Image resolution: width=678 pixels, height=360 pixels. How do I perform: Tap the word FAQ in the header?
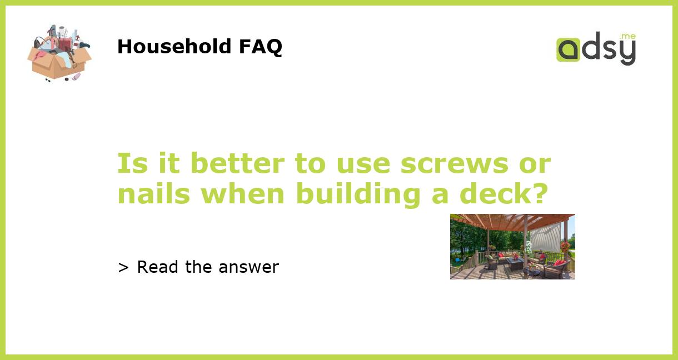click(x=261, y=47)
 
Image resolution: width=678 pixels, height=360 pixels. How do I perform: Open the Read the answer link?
click(x=207, y=267)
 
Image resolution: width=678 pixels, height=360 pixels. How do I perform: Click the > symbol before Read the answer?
click(x=123, y=268)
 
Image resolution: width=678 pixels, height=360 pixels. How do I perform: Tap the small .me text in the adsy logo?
click(x=628, y=37)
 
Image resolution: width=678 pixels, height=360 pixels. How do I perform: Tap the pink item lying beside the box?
click(x=76, y=76)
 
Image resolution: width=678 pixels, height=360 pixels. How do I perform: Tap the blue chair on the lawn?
click(x=457, y=259)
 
